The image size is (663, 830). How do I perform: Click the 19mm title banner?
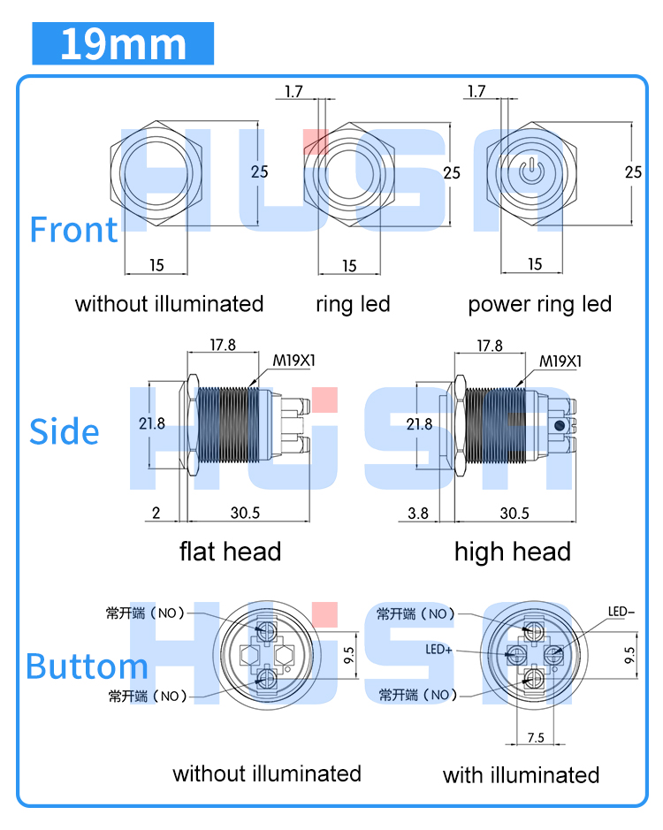point(123,44)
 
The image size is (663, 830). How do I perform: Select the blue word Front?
point(73,230)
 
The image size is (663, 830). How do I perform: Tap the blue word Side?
point(64,431)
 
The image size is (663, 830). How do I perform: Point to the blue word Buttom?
point(86,666)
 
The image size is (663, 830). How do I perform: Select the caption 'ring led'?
point(353,305)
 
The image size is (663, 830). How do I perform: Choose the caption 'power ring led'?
point(539,305)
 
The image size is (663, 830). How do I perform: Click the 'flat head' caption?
point(230,552)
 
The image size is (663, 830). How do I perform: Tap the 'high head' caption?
point(512,552)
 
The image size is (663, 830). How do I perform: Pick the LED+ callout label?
point(439,650)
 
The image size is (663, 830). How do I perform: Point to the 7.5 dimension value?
point(536,738)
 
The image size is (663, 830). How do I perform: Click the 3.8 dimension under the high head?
point(419,513)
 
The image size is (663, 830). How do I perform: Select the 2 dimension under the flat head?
point(156,513)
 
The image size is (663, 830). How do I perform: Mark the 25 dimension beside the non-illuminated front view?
point(259,171)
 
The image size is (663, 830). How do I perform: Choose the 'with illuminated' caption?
point(521,775)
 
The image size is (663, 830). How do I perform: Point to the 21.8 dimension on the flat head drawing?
point(151,423)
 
